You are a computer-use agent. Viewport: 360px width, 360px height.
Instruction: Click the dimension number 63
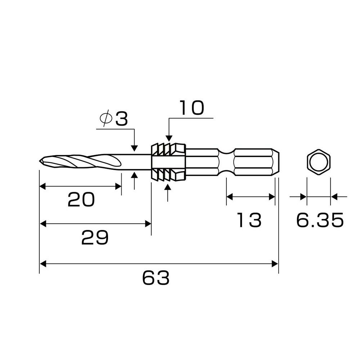coord(156,278)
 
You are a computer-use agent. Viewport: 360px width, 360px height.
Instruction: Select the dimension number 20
coord(81,199)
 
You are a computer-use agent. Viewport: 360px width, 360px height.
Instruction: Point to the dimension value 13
coord(249,220)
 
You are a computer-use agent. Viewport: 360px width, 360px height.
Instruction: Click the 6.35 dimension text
coord(320,220)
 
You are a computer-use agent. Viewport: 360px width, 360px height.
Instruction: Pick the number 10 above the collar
coord(191,108)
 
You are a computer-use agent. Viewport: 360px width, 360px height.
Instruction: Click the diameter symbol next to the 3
coord(106,118)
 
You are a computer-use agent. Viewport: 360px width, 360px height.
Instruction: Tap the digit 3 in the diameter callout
coord(121,119)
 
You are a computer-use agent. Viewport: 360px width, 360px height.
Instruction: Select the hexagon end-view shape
coord(319,162)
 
